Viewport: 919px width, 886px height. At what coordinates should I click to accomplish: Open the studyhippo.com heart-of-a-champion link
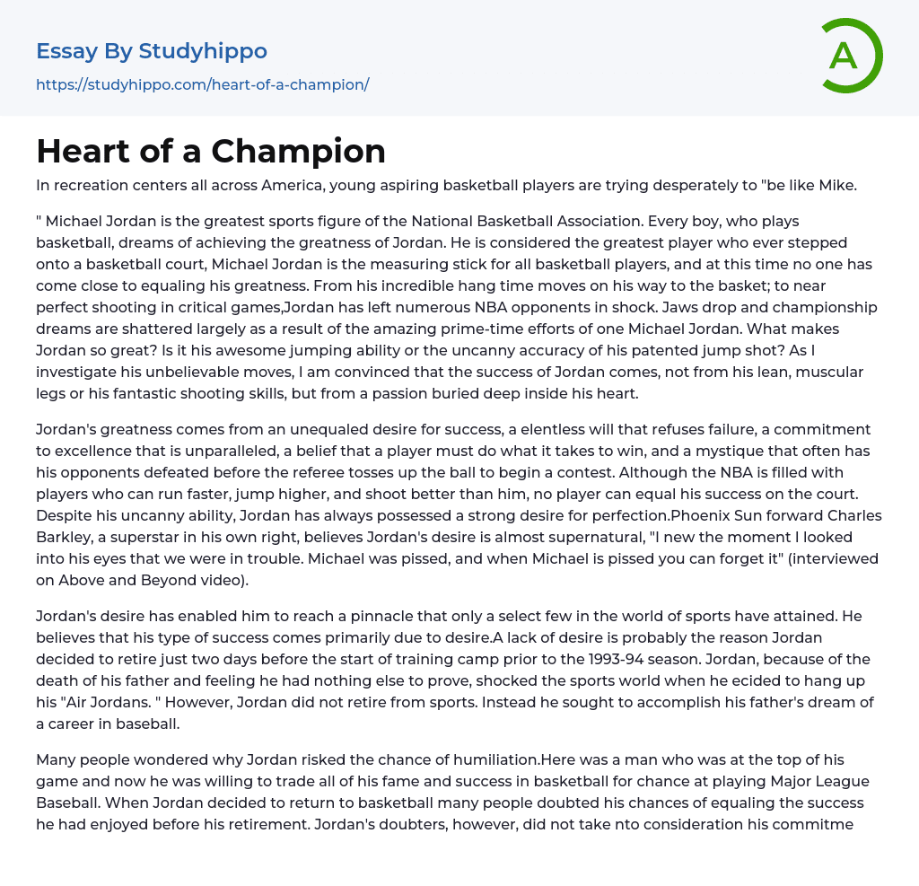[x=203, y=84]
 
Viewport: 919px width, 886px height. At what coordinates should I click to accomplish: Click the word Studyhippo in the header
[x=203, y=51]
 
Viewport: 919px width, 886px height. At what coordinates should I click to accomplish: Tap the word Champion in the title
[x=310, y=151]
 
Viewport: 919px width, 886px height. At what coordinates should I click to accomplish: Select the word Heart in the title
[x=79, y=151]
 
